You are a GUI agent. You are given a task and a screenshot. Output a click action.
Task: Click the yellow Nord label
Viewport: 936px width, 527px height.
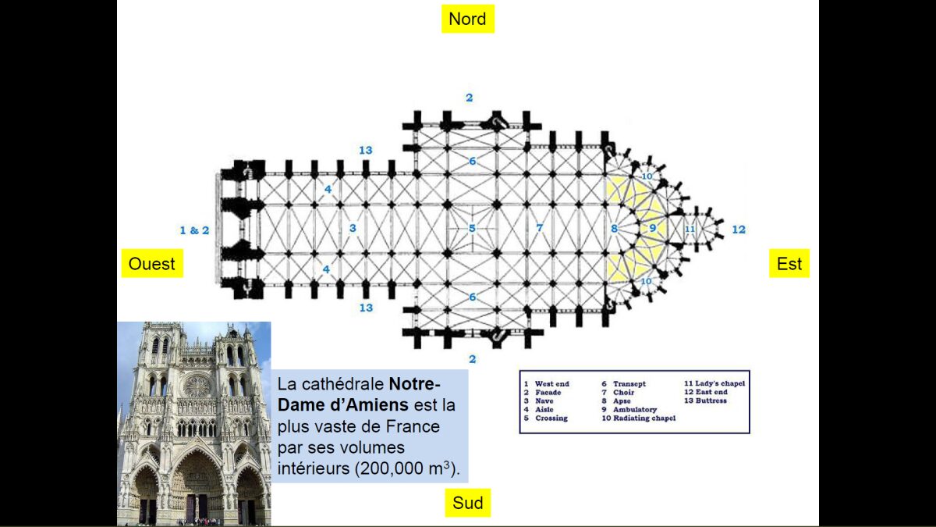[468, 19]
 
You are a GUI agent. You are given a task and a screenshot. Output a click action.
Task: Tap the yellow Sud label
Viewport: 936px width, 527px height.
[468, 503]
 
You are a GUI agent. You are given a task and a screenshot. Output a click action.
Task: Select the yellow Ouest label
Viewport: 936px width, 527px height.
[152, 264]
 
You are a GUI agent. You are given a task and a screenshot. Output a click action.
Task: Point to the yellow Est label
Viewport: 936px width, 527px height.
[789, 264]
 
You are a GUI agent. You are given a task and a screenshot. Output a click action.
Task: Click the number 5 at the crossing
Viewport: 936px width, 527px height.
[472, 228]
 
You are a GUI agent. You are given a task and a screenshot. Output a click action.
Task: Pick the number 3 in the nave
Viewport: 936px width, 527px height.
[353, 228]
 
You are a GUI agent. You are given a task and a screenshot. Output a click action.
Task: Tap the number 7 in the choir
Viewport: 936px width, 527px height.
[539, 228]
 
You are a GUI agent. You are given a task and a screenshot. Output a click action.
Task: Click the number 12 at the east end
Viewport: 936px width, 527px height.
[739, 230]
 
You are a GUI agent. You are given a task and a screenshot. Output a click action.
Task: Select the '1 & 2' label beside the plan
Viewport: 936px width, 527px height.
[194, 230]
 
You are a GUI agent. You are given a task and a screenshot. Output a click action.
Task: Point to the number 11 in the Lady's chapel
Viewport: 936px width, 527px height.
[690, 229]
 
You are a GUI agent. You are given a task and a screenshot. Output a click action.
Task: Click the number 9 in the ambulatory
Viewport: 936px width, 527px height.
[653, 228]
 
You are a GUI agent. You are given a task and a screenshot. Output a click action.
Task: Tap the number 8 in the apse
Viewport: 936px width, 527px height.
[615, 229]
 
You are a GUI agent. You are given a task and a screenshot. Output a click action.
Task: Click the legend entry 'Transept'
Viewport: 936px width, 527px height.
[629, 384]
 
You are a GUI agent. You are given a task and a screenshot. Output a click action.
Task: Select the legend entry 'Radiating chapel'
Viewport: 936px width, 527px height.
[643, 418]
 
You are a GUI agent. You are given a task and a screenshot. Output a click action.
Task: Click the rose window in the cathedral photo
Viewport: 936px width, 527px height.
[197, 386]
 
